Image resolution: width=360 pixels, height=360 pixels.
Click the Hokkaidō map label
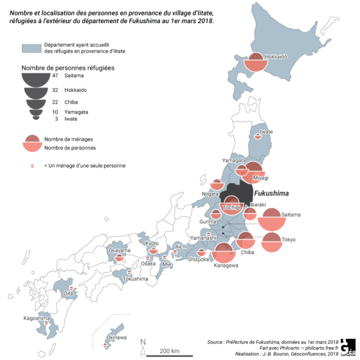(x=276, y=57)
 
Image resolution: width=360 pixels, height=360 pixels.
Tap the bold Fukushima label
(x=271, y=194)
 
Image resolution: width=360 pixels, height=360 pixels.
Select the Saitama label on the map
(x=291, y=213)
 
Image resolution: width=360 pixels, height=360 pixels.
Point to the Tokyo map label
(x=288, y=239)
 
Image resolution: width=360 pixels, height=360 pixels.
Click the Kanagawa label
(x=226, y=265)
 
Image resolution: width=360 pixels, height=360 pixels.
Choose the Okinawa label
(x=116, y=337)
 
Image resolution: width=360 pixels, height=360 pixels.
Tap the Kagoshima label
(x=37, y=318)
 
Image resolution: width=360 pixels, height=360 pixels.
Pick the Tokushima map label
(x=136, y=279)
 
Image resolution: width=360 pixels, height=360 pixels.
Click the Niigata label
(x=211, y=194)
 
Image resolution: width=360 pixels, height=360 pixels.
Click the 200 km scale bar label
(x=170, y=350)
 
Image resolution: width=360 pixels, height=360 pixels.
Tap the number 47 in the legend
(x=55, y=76)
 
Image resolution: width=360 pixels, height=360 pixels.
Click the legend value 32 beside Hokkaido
(x=55, y=90)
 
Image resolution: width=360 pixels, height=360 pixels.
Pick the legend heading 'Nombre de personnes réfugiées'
(x=62, y=67)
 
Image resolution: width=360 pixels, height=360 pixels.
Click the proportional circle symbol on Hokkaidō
(x=256, y=63)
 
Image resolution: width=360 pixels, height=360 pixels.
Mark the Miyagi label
(x=260, y=177)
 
